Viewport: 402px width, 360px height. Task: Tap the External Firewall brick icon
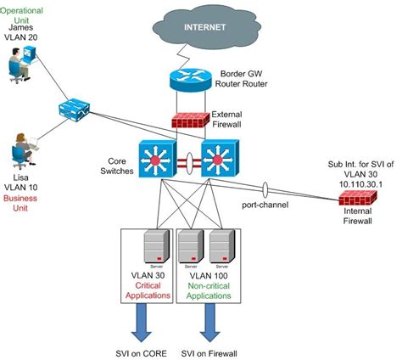tap(188, 118)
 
